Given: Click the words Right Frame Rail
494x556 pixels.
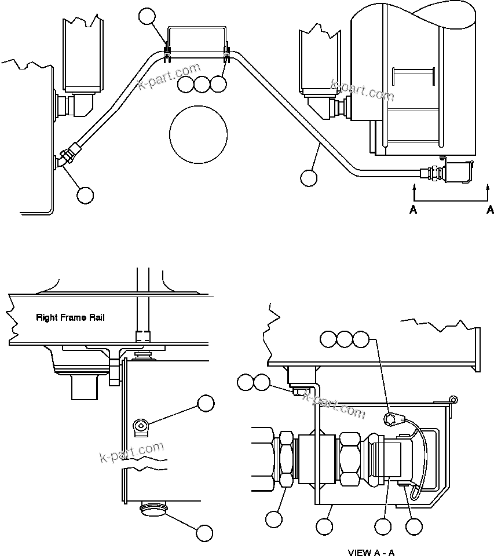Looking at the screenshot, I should (71, 317).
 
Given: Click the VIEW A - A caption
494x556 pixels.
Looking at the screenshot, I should (371, 552).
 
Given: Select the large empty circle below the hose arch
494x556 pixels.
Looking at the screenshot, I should (198, 134).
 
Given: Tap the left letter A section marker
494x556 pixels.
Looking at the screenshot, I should (414, 210).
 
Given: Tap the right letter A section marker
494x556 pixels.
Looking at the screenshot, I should (490, 210).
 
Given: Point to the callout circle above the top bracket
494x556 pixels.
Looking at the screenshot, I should (148, 17).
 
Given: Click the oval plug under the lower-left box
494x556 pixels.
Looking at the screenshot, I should (153, 509).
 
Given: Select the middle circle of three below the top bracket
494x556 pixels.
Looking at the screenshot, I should (202, 85).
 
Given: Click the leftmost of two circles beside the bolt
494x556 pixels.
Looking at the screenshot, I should (245, 382).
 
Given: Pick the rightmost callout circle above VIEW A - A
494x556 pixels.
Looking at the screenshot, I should (361, 339).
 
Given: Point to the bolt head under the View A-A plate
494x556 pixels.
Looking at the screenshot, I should (299, 392).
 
